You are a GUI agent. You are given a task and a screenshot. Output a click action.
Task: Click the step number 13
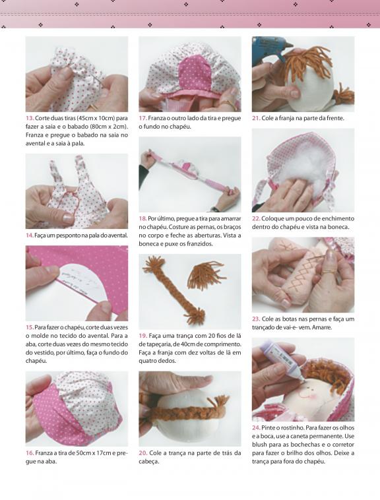tap(30, 118)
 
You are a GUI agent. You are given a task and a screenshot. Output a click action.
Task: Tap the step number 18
tap(142, 219)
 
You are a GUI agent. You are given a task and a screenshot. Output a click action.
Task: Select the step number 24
tap(256, 427)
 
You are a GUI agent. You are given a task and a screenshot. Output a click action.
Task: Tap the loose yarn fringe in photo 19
tap(206, 275)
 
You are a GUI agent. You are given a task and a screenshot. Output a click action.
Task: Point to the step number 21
tap(256, 118)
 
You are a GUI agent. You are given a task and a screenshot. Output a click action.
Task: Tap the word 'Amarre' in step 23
tap(323, 327)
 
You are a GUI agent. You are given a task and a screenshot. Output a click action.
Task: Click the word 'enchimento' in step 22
tap(337, 219)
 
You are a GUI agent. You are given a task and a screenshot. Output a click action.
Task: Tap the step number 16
tap(30, 453)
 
